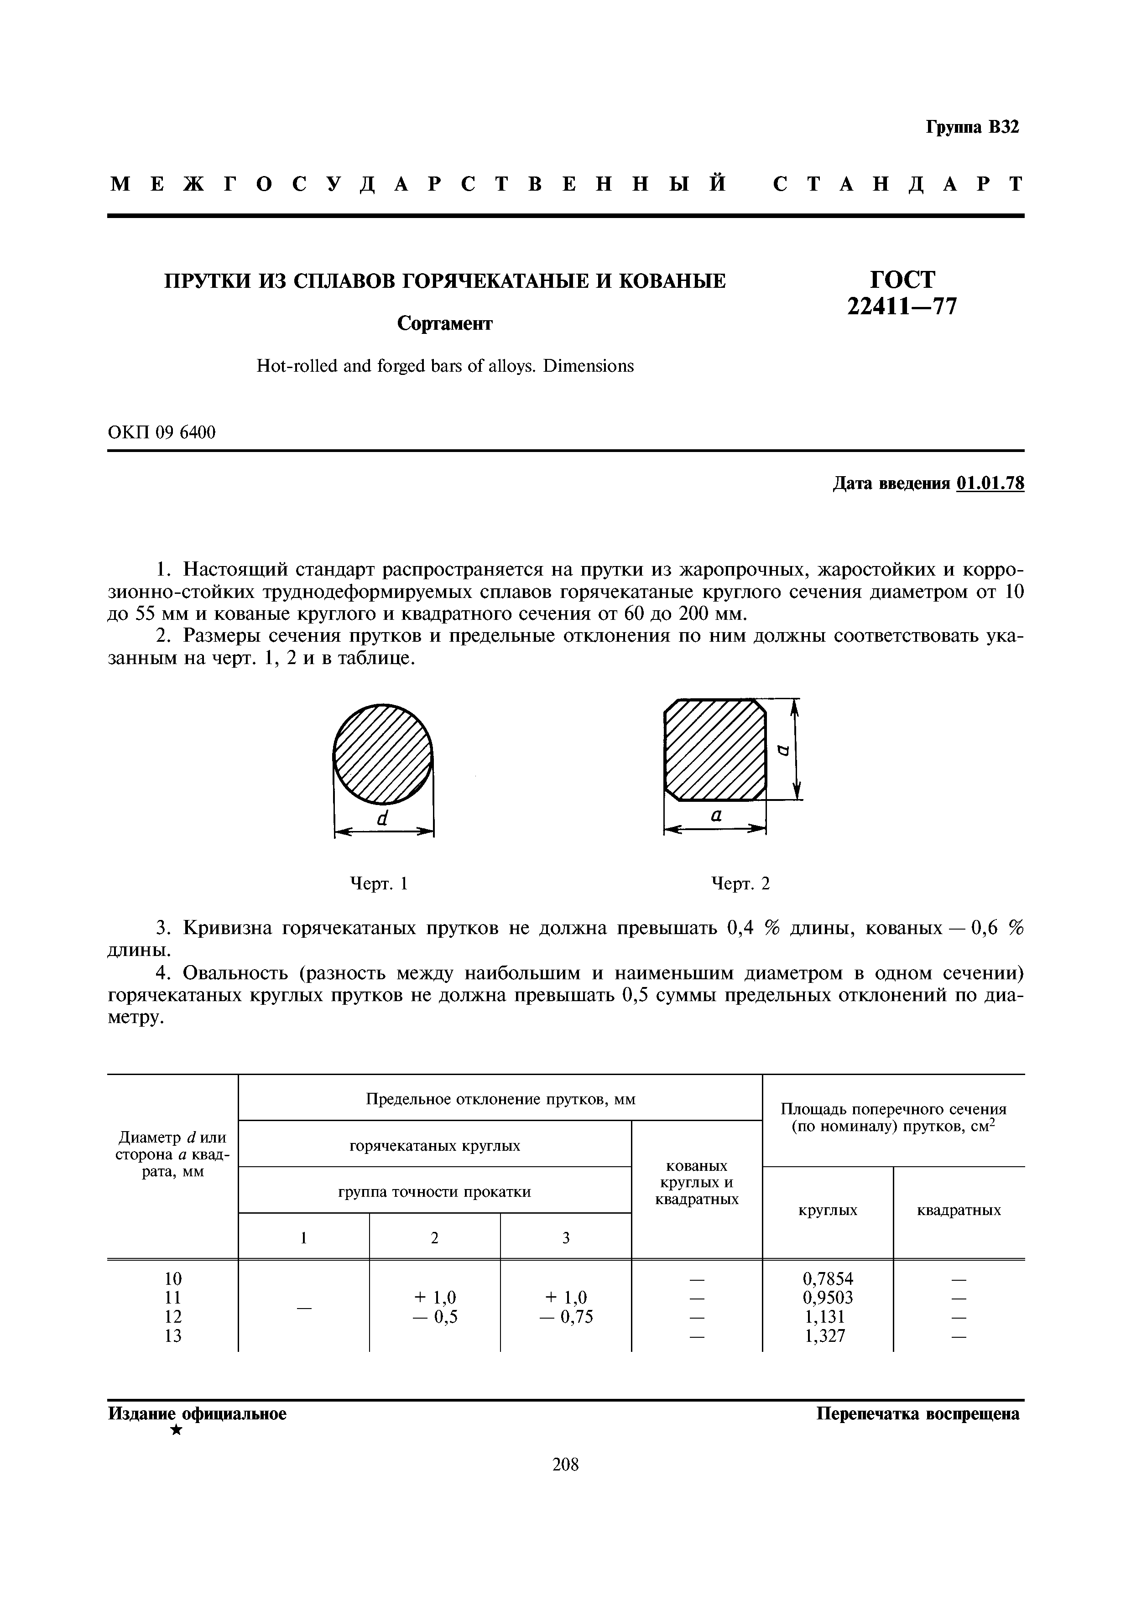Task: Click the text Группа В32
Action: point(972,128)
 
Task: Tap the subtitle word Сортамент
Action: point(444,323)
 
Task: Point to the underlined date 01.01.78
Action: point(990,483)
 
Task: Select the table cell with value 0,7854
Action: point(828,1279)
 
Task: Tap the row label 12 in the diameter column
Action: point(173,1316)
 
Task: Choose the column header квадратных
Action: point(959,1210)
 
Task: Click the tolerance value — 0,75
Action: point(566,1317)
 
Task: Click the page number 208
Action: point(565,1465)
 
